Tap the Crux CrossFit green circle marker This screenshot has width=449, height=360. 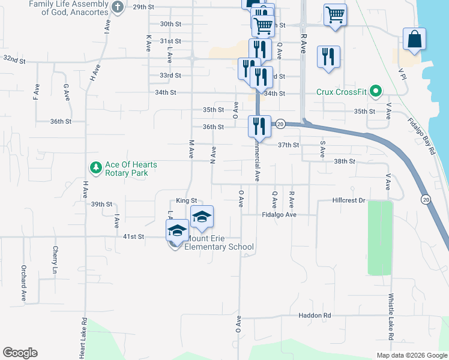click(x=376, y=92)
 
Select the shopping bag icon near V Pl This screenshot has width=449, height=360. click(x=414, y=40)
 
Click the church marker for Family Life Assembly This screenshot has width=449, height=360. click(x=118, y=7)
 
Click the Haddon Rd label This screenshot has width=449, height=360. click(x=315, y=316)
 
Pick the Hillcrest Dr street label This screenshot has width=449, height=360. click(x=348, y=201)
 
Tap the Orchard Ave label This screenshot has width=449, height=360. click(x=24, y=283)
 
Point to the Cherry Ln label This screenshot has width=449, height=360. click(x=55, y=261)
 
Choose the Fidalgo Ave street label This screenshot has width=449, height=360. click(x=279, y=214)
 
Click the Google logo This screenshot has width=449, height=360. click(x=20, y=353)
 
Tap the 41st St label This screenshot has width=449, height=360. click(x=133, y=237)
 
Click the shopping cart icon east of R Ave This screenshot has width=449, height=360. click(x=335, y=15)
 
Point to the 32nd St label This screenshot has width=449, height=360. click(x=14, y=60)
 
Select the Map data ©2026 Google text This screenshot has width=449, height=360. click(x=412, y=355)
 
